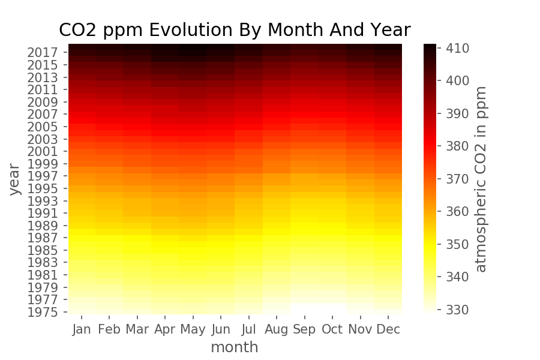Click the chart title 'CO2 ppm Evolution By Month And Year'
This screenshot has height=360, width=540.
click(x=235, y=30)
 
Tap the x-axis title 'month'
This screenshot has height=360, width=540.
click(x=235, y=347)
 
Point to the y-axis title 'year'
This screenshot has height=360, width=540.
click(x=15, y=178)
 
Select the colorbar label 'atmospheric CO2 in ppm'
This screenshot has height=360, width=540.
click(x=481, y=179)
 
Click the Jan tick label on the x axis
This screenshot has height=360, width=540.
click(x=82, y=329)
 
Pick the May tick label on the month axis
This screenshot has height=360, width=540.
click(x=193, y=329)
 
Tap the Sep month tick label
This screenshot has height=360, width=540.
click(x=304, y=329)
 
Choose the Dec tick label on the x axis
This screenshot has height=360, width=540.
click(x=388, y=329)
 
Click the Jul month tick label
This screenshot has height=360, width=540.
click(x=249, y=329)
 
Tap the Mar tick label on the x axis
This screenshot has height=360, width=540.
click(x=137, y=329)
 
